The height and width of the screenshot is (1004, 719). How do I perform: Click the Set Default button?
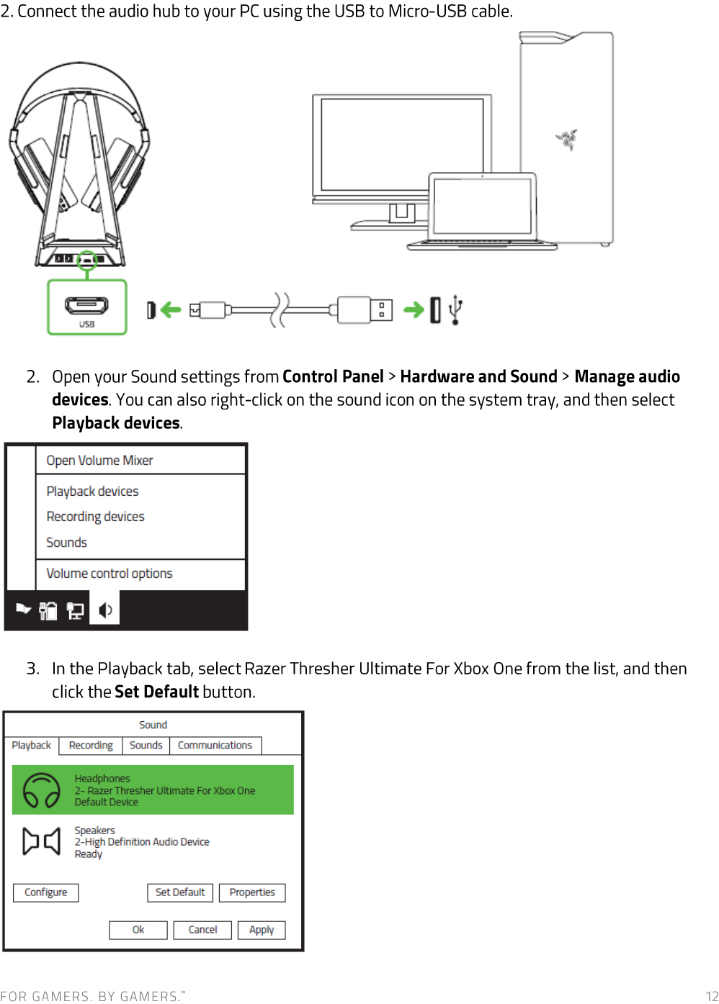(x=180, y=892)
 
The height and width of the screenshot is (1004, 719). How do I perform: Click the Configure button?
(x=46, y=892)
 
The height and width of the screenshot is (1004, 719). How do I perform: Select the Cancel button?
(x=202, y=930)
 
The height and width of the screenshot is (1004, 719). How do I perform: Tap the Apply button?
(x=262, y=930)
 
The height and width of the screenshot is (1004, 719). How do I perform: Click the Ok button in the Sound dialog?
(x=138, y=930)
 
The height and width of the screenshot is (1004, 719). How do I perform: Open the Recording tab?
(x=91, y=746)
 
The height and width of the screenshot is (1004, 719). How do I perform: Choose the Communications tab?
(x=215, y=746)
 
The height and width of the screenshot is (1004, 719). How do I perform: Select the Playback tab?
(x=32, y=746)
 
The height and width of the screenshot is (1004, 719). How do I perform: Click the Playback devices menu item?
(x=92, y=492)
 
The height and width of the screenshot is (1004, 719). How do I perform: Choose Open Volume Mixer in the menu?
(x=99, y=461)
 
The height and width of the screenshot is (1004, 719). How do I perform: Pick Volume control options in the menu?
(x=110, y=574)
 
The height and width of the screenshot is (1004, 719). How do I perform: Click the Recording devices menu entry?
(x=95, y=517)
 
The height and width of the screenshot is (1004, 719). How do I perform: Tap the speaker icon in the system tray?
(x=105, y=610)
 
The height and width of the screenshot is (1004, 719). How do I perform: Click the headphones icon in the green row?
(x=42, y=790)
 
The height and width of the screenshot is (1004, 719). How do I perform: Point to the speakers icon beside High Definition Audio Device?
(x=42, y=841)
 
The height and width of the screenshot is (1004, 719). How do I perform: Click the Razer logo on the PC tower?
(x=567, y=139)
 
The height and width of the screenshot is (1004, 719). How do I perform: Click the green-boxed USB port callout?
(x=87, y=307)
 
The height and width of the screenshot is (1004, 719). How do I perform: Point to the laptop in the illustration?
(x=483, y=209)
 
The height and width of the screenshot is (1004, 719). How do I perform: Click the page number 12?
(x=711, y=996)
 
